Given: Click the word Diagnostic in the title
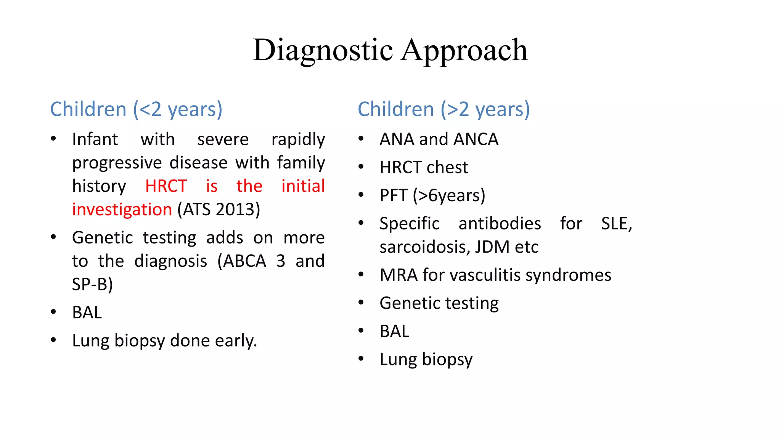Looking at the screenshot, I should (x=323, y=50).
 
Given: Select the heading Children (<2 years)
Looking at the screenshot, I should (x=136, y=109).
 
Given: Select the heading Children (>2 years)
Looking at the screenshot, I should (x=444, y=109).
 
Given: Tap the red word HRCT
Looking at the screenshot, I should (x=166, y=186).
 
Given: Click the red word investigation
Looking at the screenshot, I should (x=122, y=210).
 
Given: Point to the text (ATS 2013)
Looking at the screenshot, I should (x=219, y=210).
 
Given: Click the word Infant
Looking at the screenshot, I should (x=95, y=139).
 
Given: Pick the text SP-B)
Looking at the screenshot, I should (x=92, y=284).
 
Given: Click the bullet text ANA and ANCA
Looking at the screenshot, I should (x=439, y=139).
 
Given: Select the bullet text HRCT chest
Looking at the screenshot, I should (x=423, y=168).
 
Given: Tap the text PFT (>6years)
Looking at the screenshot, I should (x=432, y=195).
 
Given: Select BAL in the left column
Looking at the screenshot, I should (x=87, y=312).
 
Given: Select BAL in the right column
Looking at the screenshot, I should (x=394, y=331).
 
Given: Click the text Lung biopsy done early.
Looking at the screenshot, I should (x=164, y=341).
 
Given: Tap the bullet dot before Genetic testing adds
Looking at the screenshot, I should (x=54, y=237).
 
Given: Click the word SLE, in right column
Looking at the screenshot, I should (x=616, y=224).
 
